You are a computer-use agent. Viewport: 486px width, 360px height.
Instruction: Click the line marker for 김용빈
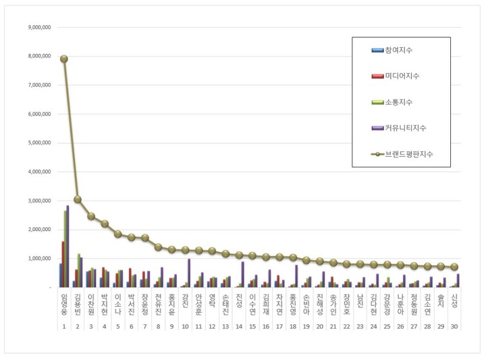click(78, 199)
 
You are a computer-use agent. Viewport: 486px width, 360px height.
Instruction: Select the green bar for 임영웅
click(65, 249)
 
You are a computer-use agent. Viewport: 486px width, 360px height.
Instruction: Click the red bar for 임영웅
click(63, 264)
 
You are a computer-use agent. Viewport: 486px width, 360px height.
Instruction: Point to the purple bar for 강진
click(189, 273)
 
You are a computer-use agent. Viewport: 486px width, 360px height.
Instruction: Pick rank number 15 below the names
click(252, 326)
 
